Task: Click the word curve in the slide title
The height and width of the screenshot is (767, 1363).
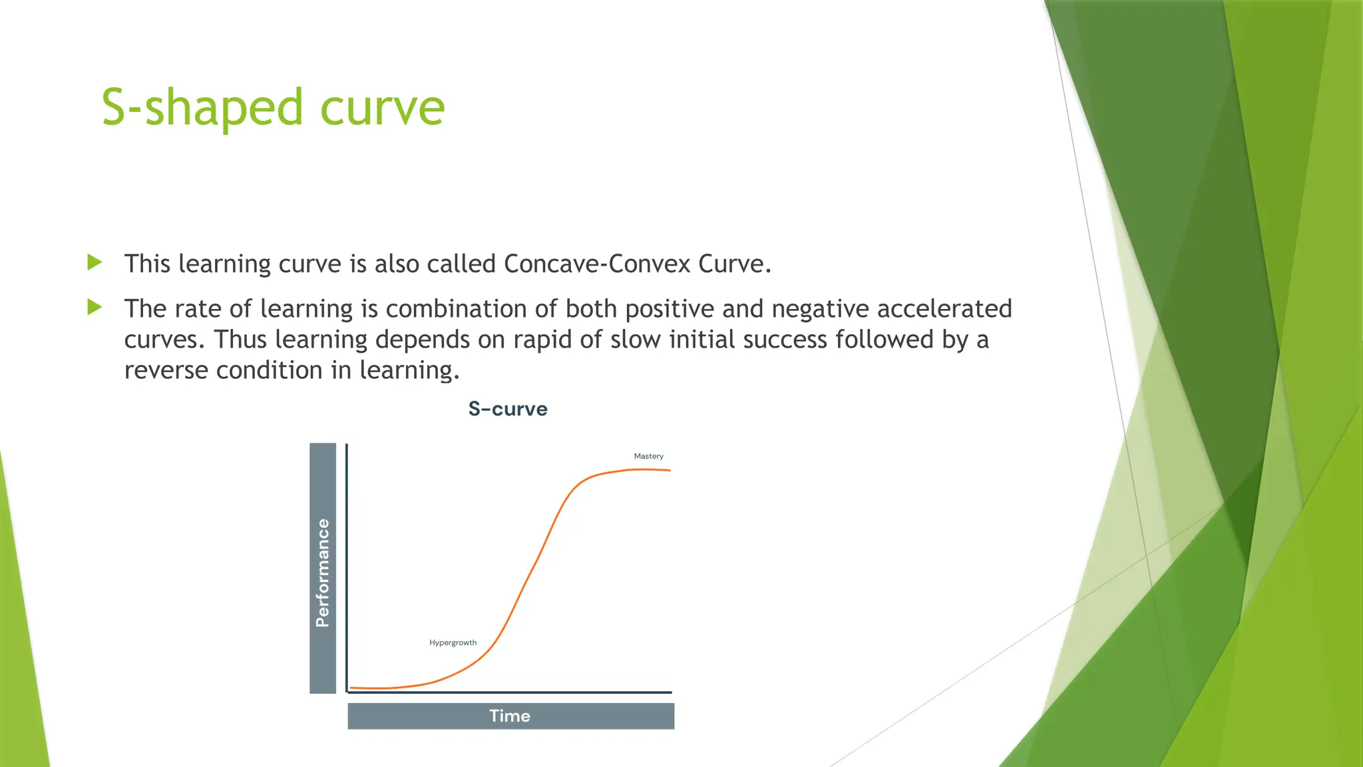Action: [x=382, y=108]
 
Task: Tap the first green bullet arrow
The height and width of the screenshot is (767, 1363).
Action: [x=95, y=262]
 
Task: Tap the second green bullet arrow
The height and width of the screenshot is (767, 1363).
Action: [x=95, y=308]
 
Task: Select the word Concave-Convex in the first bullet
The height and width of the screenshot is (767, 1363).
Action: [x=597, y=264]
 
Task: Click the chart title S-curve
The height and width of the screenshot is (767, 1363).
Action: [x=508, y=409]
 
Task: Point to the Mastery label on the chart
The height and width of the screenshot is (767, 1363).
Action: [x=648, y=456]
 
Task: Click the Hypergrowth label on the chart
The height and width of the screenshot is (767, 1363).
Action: [x=453, y=642]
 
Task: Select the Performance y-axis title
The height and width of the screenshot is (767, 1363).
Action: [x=323, y=573]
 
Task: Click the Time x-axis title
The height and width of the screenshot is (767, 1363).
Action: [x=510, y=716]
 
